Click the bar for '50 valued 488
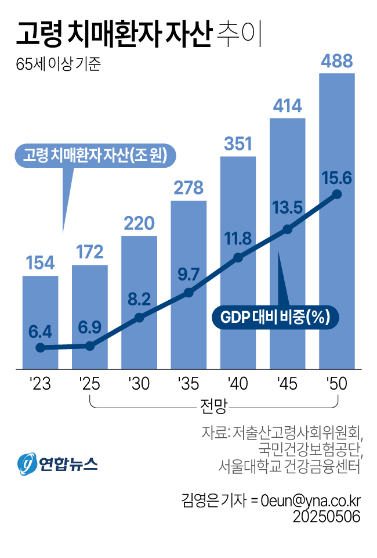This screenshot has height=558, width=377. [337, 145]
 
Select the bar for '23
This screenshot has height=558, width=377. [40, 314]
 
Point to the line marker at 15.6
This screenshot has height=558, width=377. [337, 194]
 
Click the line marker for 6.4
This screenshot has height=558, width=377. [40, 348]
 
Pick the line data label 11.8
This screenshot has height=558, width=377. [238, 239]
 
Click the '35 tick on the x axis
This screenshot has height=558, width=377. [188, 384]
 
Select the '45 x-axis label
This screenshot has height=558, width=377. [287, 384]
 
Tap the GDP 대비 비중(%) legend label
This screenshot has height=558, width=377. [275, 317]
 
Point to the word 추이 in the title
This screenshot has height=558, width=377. [239, 34]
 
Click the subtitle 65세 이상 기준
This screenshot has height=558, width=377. [58, 64]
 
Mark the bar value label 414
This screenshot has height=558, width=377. [287, 106]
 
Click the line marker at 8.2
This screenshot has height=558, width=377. [139, 318]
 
